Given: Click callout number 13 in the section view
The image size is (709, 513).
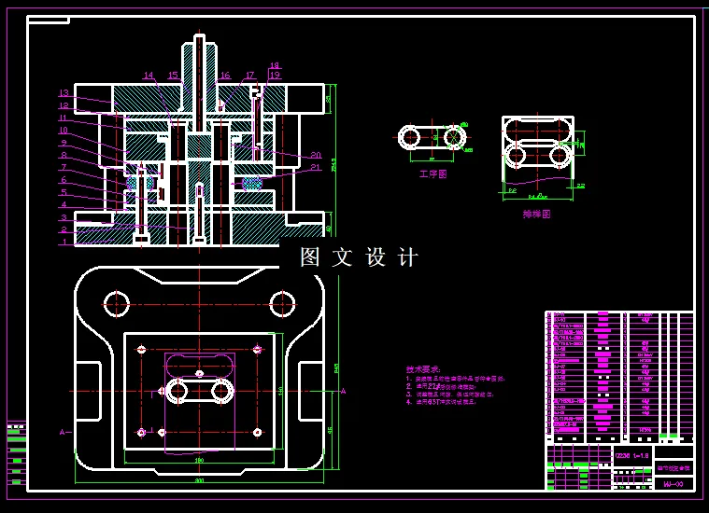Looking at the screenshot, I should click(x=64, y=93).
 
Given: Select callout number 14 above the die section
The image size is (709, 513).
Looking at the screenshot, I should click(x=149, y=76).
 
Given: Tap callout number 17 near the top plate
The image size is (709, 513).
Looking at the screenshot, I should click(x=249, y=76).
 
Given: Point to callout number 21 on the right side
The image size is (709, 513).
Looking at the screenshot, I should click(x=316, y=168).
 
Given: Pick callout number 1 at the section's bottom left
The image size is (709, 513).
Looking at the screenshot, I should click(x=64, y=242).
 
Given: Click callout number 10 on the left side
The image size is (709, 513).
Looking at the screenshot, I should click(x=64, y=131).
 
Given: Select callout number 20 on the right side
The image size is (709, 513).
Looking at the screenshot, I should click(x=316, y=155).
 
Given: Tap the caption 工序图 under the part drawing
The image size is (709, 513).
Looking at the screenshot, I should click(x=433, y=173).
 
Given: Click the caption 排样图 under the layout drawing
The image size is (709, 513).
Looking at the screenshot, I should click(x=536, y=214).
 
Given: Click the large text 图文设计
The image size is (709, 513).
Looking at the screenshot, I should click(x=360, y=257).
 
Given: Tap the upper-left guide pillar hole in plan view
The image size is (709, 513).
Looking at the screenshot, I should click(x=117, y=303).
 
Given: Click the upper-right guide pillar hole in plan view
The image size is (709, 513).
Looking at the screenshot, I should click(x=282, y=302).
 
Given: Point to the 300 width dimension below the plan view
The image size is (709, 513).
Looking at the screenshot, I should click(x=199, y=480).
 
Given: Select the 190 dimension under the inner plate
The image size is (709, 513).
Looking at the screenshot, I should click(x=199, y=461).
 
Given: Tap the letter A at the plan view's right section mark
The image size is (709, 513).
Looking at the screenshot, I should click(x=343, y=392).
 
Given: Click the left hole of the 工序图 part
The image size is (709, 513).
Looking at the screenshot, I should click(x=409, y=137).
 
